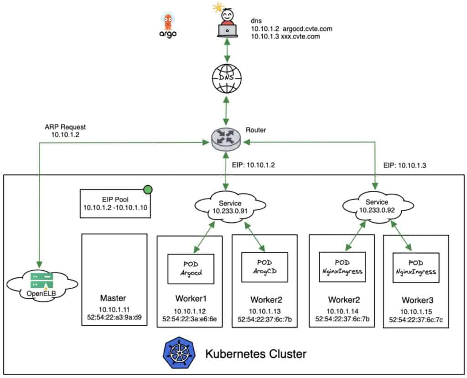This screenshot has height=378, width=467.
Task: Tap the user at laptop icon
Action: point(225,23)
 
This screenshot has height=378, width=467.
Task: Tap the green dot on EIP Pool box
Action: point(148,189)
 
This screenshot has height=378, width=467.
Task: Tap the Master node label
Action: point(113,298)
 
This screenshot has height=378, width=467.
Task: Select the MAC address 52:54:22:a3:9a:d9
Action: point(114,317)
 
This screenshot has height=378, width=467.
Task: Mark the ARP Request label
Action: point(65,127)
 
